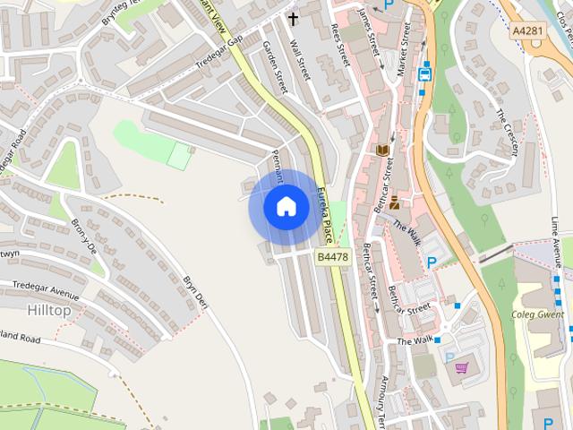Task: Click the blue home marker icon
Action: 286,206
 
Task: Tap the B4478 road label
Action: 331,257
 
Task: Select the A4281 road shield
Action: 527,30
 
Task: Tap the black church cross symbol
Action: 293,18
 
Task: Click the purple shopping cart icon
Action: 462,367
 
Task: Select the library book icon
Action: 384,150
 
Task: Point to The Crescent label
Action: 508,133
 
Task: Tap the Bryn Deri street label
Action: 195,292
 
